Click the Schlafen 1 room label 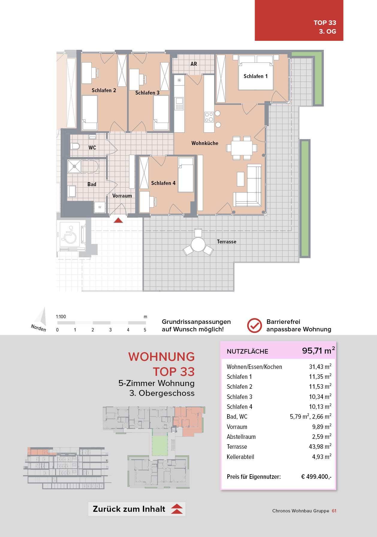255,76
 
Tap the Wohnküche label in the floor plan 205,143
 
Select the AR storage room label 194,64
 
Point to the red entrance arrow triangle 118,220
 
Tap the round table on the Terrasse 198,245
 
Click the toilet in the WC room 75,146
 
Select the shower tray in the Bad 74,166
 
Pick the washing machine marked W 100,207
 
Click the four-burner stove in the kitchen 209,117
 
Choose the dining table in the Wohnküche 242,148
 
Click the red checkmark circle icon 254,325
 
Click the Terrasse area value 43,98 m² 320,446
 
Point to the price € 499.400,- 316,477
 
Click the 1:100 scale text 61,317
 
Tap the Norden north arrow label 39,328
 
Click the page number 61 334,511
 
